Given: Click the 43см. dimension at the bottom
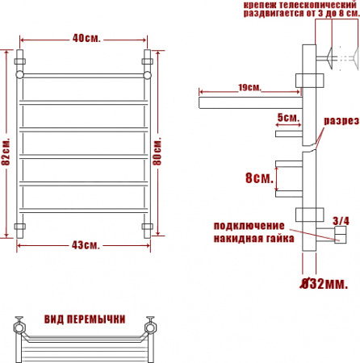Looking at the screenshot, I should [x=84, y=245].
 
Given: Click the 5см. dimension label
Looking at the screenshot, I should [x=287, y=118].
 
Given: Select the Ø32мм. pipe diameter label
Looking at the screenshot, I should [x=324, y=283].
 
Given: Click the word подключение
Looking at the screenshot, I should [x=249, y=225].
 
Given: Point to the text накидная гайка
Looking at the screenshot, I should [x=249, y=238].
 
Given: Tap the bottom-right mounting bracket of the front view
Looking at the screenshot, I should [x=148, y=227].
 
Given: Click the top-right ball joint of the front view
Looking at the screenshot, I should [x=148, y=75].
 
